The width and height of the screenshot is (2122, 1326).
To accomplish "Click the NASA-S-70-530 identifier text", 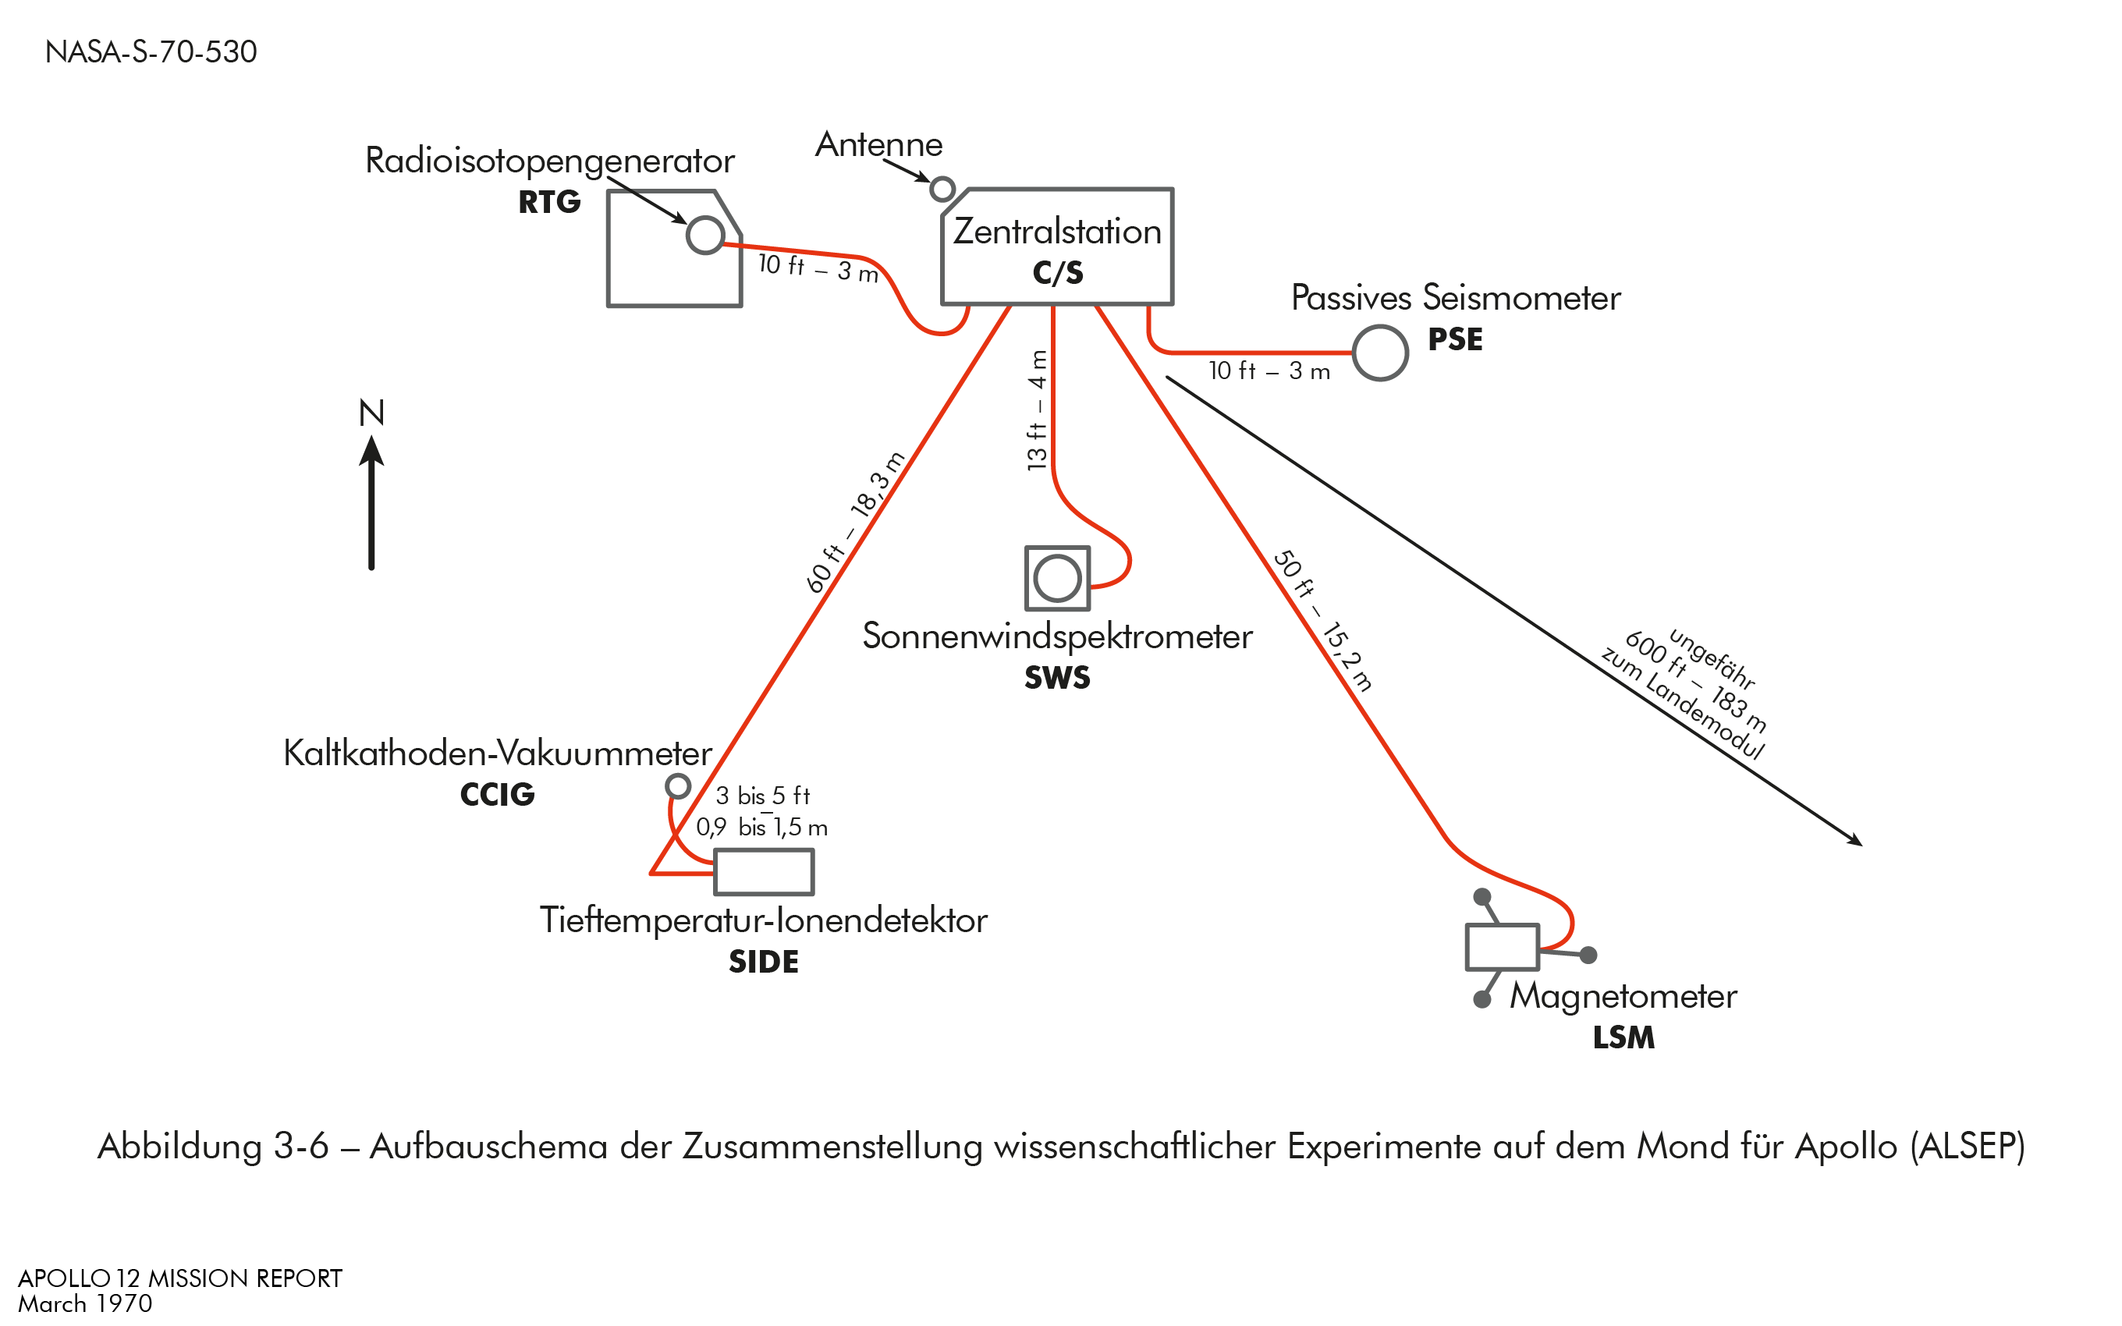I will point(151,51).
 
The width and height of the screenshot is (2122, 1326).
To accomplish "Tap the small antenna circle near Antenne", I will point(942,189).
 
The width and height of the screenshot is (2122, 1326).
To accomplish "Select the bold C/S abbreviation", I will point(1058,273).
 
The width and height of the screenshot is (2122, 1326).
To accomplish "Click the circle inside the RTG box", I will point(705,235).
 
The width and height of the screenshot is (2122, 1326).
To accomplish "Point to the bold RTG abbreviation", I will point(549,202).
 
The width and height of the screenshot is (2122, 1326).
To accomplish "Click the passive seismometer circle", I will point(1379,353).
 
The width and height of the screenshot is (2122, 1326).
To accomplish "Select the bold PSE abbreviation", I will point(1455,339).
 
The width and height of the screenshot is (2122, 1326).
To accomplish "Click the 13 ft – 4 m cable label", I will point(1038,410).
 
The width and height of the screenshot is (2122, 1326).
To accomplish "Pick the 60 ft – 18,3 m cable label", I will point(855,523).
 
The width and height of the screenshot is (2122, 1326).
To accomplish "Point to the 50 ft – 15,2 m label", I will point(1322,621).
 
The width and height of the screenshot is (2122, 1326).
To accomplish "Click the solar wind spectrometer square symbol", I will point(1058,578).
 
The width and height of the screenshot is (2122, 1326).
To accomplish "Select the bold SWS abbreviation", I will point(1058,678).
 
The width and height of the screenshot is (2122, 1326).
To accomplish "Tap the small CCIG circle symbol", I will point(678,785).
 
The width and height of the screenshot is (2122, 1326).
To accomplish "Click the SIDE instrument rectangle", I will point(764,872).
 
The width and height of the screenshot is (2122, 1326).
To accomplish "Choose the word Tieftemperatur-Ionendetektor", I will point(763,920).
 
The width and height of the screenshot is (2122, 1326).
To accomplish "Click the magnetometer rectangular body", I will point(1501,947).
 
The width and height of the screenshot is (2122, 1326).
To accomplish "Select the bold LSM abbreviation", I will point(1623,1037).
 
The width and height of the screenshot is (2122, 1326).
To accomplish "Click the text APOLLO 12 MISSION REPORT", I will point(179,1278).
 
